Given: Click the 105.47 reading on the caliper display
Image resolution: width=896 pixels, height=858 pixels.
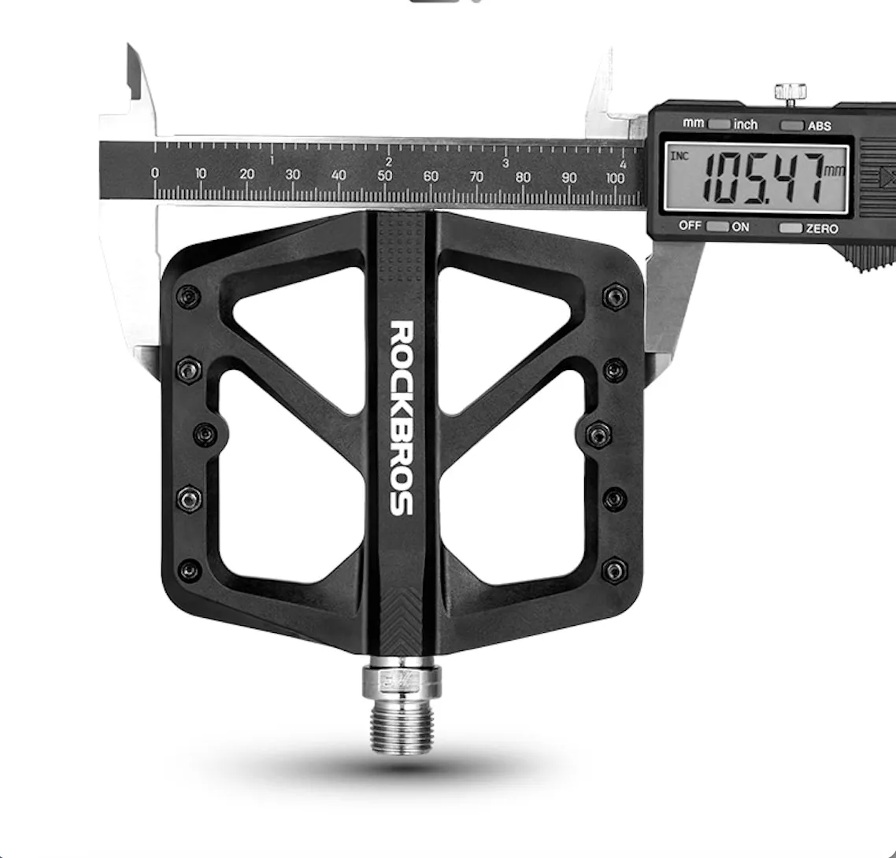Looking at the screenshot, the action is pos(763,178).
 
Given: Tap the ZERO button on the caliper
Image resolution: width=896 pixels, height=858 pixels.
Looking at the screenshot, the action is pos(790,228).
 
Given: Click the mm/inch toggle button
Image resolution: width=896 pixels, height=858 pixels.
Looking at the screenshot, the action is pos(719,124).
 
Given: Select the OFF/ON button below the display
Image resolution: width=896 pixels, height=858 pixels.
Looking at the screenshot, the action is pos(718,226).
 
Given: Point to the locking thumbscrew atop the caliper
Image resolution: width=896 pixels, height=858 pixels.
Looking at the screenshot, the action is pos(790,94).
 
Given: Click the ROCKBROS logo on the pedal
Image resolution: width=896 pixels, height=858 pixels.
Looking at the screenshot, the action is pos(401,417).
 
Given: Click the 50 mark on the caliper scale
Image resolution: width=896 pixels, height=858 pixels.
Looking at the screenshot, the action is pos(384,176).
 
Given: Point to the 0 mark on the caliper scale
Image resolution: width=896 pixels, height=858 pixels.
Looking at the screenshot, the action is pos(155,172).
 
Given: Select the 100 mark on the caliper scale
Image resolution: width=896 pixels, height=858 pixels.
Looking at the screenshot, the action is pos(615,178).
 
